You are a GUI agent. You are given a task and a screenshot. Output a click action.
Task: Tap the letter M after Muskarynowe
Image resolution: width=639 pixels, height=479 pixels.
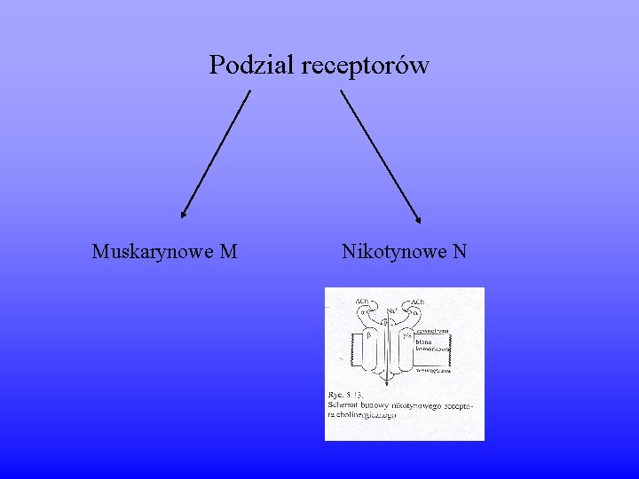tap(228, 252)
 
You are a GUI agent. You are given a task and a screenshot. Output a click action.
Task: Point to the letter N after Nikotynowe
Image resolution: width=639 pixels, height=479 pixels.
tap(459, 252)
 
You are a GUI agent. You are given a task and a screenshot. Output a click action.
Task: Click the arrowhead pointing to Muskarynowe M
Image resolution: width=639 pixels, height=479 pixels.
tap(183, 214)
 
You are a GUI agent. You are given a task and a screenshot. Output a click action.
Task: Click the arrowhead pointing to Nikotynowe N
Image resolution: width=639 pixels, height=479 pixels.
tap(420, 220)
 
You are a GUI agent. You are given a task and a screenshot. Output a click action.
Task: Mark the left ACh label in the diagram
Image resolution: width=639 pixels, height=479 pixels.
tap(362, 302)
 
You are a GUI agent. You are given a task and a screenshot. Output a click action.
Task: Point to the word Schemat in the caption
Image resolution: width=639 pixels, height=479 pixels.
tap(343, 404)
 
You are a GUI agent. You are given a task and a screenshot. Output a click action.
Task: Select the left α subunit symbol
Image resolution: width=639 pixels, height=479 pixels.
tap(362, 311)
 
